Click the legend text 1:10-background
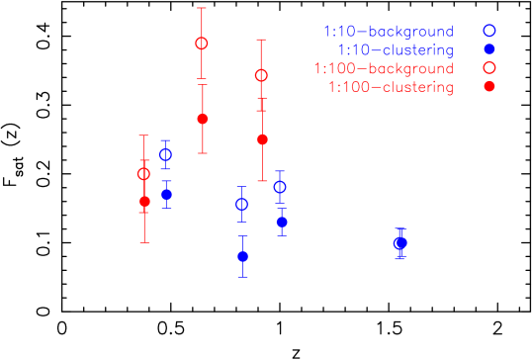pos(388,32)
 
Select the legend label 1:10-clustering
pos(395,49)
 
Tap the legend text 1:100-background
pos(384,68)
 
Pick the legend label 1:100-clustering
pos(391,87)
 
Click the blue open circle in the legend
pos(488,31)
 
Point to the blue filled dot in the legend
pos(488,49)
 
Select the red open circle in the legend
pos(488,67)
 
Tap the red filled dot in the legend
pos(488,86)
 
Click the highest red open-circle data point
pos(202,44)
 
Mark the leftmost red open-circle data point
pos(143,174)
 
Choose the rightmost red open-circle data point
pos(261,75)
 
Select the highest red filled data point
pos(203,119)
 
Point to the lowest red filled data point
pos(144,201)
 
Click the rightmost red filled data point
pos(262,139)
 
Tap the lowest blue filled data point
pos(242,256)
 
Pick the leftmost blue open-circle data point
pos(165,154)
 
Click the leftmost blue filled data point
pos(166,194)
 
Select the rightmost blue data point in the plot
pos(400,242)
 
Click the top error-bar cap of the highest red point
pos(202,8)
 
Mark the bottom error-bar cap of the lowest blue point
pos(242,277)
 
